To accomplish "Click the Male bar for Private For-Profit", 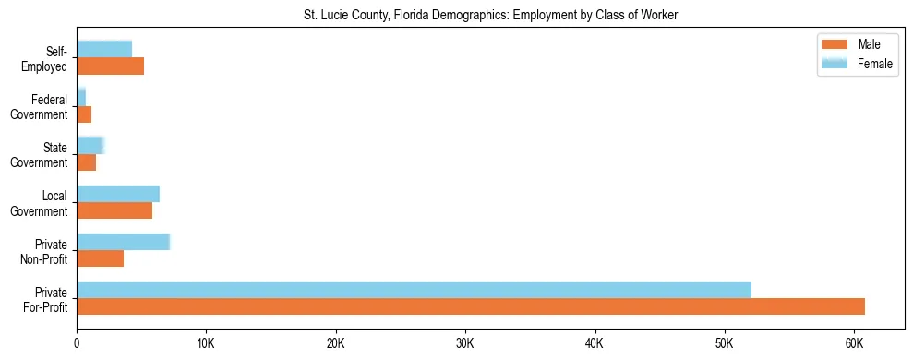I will click(x=471, y=306).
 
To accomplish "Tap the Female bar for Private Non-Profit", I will click(x=123, y=242).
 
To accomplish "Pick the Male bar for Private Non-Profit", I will click(x=100, y=259).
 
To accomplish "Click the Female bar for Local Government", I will click(x=118, y=194).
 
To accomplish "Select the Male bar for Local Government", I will click(x=114, y=210).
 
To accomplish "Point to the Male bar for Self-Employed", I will click(x=110, y=66).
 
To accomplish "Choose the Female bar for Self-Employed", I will click(x=104, y=49).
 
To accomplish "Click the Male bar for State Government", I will click(x=86, y=162).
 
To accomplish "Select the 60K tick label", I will click(x=854, y=343).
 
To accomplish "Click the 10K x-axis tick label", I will click(x=206, y=343).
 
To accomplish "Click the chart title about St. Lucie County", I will click(x=490, y=16).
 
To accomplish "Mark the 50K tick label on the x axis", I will click(x=725, y=343).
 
